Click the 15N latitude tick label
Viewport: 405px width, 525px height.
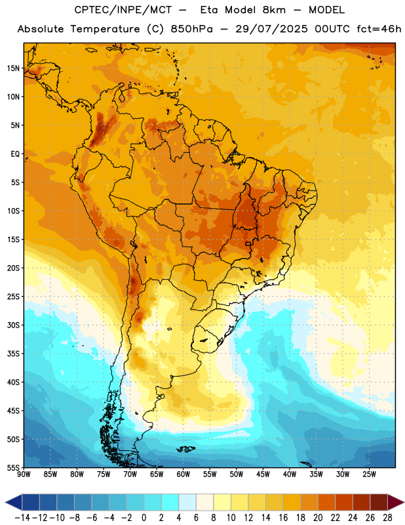[x=13, y=68]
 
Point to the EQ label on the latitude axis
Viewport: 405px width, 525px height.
[x=15, y=154]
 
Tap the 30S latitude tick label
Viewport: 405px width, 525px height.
[x=13, y=325]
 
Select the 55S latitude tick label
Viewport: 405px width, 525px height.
[x=13, y=468]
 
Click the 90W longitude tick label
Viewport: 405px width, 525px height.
[x=24, y=474]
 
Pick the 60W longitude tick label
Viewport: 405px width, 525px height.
[x=183, y=474]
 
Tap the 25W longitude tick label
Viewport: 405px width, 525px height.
[x=369, y=474]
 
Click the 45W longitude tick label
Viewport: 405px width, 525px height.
[x=263, y=474]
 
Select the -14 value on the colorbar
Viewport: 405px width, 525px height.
[x=22, y=518]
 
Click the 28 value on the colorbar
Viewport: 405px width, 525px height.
[x=387, y=518]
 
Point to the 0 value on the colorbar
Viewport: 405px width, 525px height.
[x=144, y=518]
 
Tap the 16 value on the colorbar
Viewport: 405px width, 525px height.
[x=283, y=518]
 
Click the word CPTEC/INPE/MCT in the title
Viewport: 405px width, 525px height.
[x=123, y=10]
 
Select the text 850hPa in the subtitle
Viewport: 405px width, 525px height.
[x=191, y=29]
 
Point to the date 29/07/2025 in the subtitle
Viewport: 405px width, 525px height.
[x=271, y=29]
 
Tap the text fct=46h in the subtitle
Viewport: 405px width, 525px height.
[x=379, y=29]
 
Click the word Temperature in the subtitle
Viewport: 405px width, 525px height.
[x=105, y=29]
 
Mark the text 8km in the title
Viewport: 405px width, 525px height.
[x=274, y=10]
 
